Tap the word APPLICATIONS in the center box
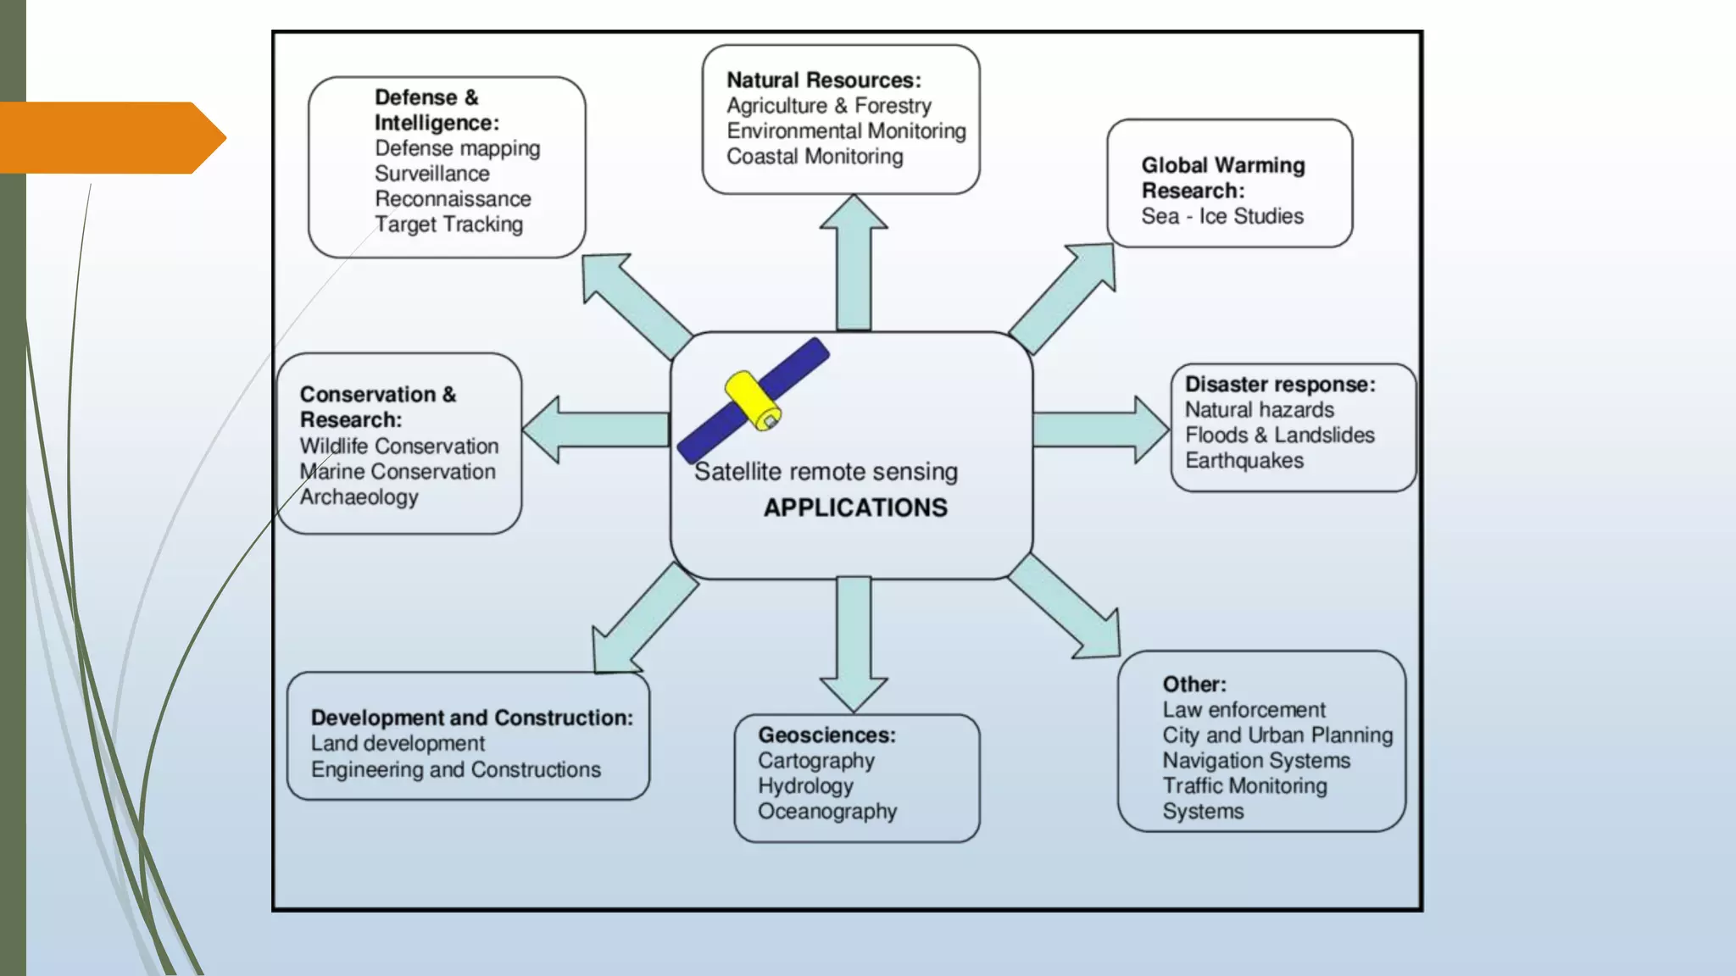854,507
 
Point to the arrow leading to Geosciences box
854,644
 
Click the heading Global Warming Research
1221,178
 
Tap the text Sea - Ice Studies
1221,216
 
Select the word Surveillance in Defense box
431,174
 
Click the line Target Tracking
448,225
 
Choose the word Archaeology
359,497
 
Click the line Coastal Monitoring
815,157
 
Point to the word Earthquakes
1244,461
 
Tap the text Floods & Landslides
1279,435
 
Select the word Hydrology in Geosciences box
805,786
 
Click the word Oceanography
826,812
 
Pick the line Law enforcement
1244,710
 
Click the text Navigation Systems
1255,761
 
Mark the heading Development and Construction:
471,718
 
